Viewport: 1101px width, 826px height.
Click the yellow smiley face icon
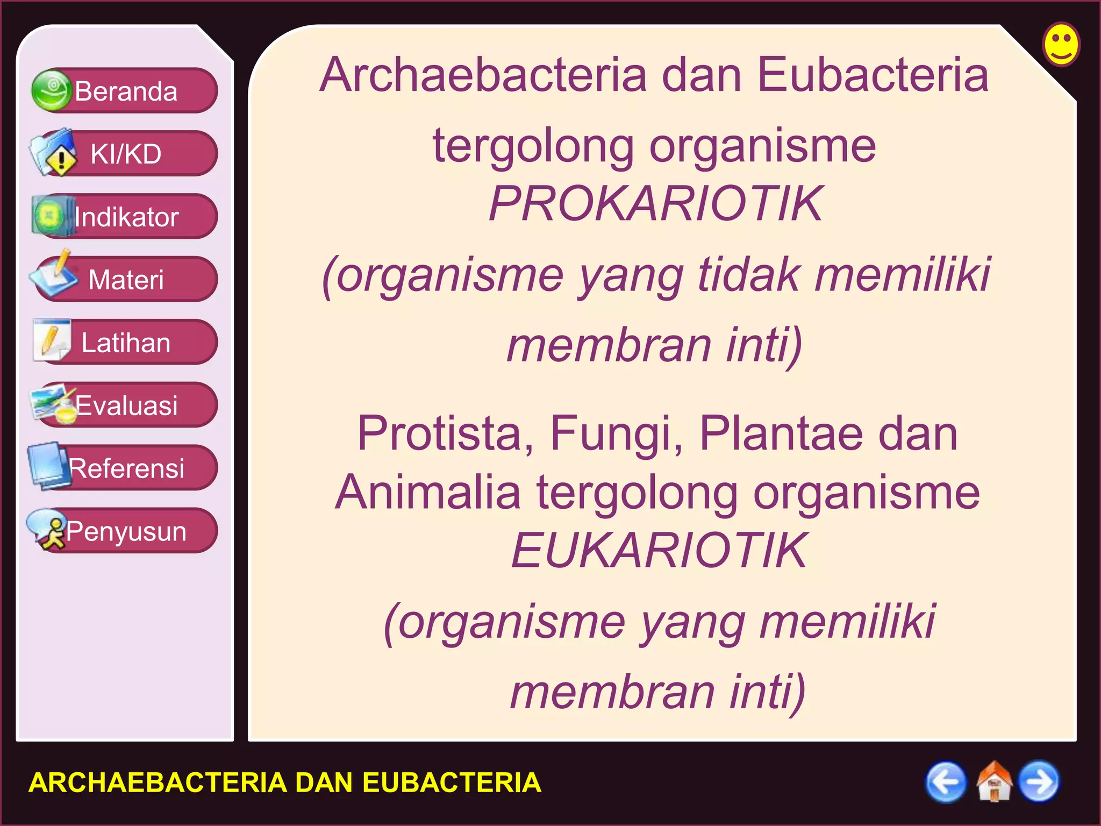(1061, 44)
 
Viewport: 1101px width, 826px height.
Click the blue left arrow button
(946, 782)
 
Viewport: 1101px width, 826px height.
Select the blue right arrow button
(1039, 782)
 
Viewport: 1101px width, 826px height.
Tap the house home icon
(993, 782)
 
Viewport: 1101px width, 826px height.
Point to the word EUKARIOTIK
(659, 550)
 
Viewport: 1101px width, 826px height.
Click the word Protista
(445, 433)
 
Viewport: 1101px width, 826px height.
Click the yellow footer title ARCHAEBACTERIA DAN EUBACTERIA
(284, 782)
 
